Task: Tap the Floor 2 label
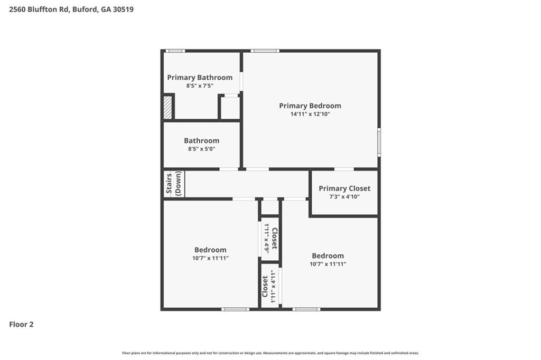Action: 21,325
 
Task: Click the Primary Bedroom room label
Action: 310,106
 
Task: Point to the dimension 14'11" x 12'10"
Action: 310,114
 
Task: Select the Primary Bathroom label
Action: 200,78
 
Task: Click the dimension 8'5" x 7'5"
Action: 200,86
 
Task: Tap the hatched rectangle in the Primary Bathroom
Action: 168,107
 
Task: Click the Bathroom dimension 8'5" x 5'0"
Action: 201,149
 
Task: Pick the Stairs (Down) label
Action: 174,183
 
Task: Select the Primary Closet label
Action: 344,188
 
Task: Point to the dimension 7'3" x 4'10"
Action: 344,196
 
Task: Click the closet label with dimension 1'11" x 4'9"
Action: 274,238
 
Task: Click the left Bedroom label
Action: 210,250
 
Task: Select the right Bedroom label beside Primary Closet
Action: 328,255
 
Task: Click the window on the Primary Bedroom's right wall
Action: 379,143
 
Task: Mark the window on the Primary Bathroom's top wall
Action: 175,51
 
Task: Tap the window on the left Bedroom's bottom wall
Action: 235,309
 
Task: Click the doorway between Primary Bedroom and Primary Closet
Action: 344,169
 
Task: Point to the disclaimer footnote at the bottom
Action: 270,353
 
